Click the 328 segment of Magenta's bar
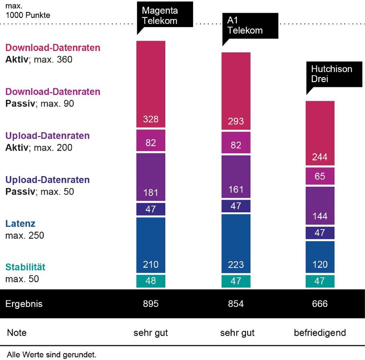click(151, 84)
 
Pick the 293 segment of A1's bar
click(236, 91)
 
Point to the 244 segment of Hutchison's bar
click(320, 133)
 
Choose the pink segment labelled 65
click(320, 176)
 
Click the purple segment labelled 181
click(151, 177)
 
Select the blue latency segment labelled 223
click(236, 243)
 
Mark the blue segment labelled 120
click(320, 257)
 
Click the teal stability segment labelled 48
click(151, 281)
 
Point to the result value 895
click(151, 304)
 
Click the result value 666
click(320, 304)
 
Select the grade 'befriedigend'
click(320, 333)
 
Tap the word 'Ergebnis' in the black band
click(24, 304)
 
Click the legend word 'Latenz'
click(20, 223)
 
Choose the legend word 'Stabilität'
click(26, 267)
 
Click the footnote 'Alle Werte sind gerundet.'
click(51, 355)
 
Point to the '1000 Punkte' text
click(28, 15)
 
